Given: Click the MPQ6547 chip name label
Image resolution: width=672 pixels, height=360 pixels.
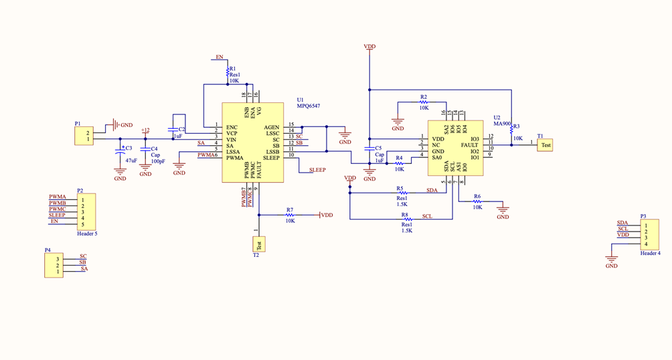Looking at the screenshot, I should coord(309,106).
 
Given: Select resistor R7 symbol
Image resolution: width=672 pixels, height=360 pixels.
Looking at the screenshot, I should coord(290,215).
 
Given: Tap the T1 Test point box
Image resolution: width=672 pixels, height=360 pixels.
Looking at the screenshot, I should coord(545,145).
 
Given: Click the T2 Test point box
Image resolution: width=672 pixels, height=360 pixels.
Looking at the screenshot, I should coord(259,244).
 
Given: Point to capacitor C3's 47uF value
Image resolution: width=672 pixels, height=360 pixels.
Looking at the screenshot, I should coord(131,161).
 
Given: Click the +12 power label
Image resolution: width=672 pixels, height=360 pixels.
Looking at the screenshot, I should coord(145,130).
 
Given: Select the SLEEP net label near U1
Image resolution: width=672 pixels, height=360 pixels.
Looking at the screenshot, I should coord(317,170).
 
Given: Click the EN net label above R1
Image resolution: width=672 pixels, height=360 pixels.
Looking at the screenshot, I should coord(220,58).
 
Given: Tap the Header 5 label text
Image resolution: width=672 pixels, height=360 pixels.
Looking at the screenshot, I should coord(87,234).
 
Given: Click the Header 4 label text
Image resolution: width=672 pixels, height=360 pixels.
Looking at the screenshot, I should coord(650,253).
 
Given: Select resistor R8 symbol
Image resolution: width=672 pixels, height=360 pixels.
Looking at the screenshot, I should coord(405,219).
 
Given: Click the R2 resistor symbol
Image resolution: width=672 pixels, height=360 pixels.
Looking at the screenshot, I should coord(424,102).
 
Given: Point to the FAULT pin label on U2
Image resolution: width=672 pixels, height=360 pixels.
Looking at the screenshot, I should coord(469,145).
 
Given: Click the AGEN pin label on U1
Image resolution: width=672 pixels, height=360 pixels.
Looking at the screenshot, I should coord(272,127).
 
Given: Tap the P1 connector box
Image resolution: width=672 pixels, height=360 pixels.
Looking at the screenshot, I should coord(84,136).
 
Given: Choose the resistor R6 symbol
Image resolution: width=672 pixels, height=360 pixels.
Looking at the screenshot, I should coord(477,201).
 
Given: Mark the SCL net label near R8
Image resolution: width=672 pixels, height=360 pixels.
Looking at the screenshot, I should coord(427,217).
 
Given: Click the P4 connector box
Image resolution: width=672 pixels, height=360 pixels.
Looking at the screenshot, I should coord(54,265).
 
